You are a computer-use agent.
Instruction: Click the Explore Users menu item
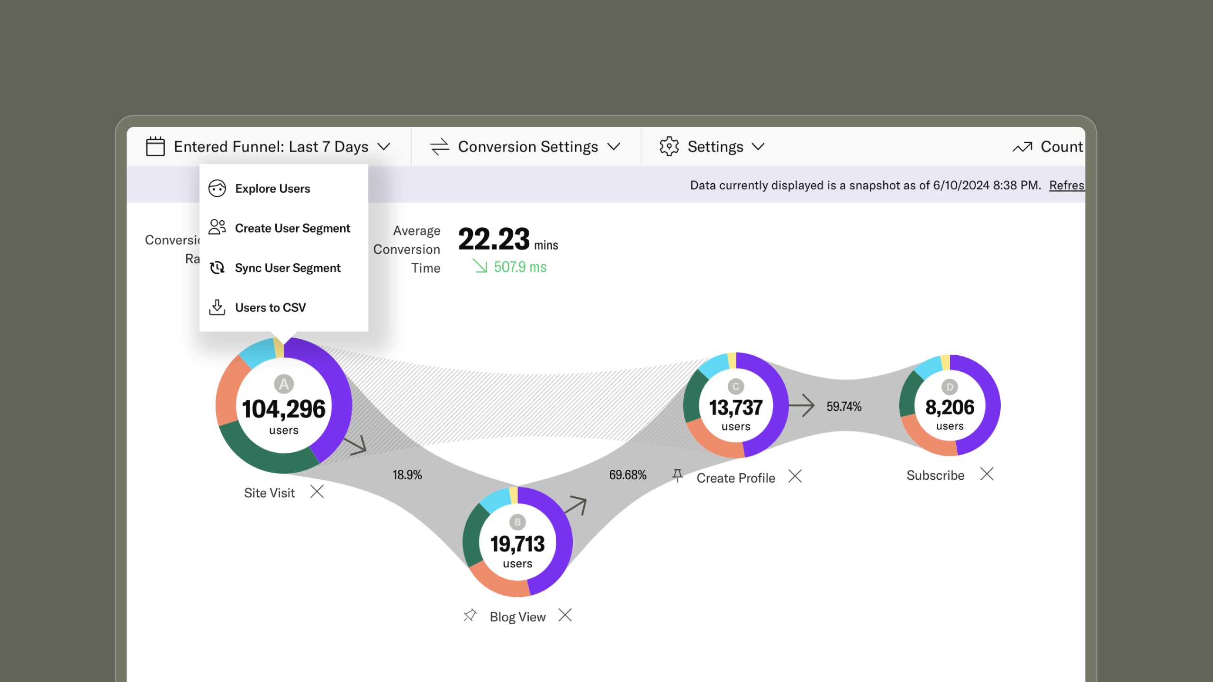tap(272, 188)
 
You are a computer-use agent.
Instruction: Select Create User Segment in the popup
tap(292, 228)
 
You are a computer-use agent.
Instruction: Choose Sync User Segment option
tap(287, 268)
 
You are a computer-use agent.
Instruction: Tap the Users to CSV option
tap(270, 308)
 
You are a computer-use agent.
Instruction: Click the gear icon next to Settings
tap(669, 147)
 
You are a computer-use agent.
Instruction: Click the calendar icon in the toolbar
tap(155, 147)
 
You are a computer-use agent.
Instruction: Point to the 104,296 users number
tap(283, 409)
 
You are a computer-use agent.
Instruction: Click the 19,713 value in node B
tap(517, 544)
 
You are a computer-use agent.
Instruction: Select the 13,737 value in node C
tap(736, 408)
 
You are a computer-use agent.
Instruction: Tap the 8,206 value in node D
tap(950, 407)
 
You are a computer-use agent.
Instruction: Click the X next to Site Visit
tap(317, 492)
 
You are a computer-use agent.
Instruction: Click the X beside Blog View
tap(565, 615)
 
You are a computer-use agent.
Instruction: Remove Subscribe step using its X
tap(987, 474)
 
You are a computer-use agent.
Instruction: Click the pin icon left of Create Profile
tap(678, 475)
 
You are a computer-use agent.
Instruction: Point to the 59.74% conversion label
tap(844, 406)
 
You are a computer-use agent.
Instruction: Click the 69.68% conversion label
tap(627, 475)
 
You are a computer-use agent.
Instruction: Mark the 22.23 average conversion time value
tap(494, 240)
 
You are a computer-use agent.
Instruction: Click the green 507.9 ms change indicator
tap(519, 267)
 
